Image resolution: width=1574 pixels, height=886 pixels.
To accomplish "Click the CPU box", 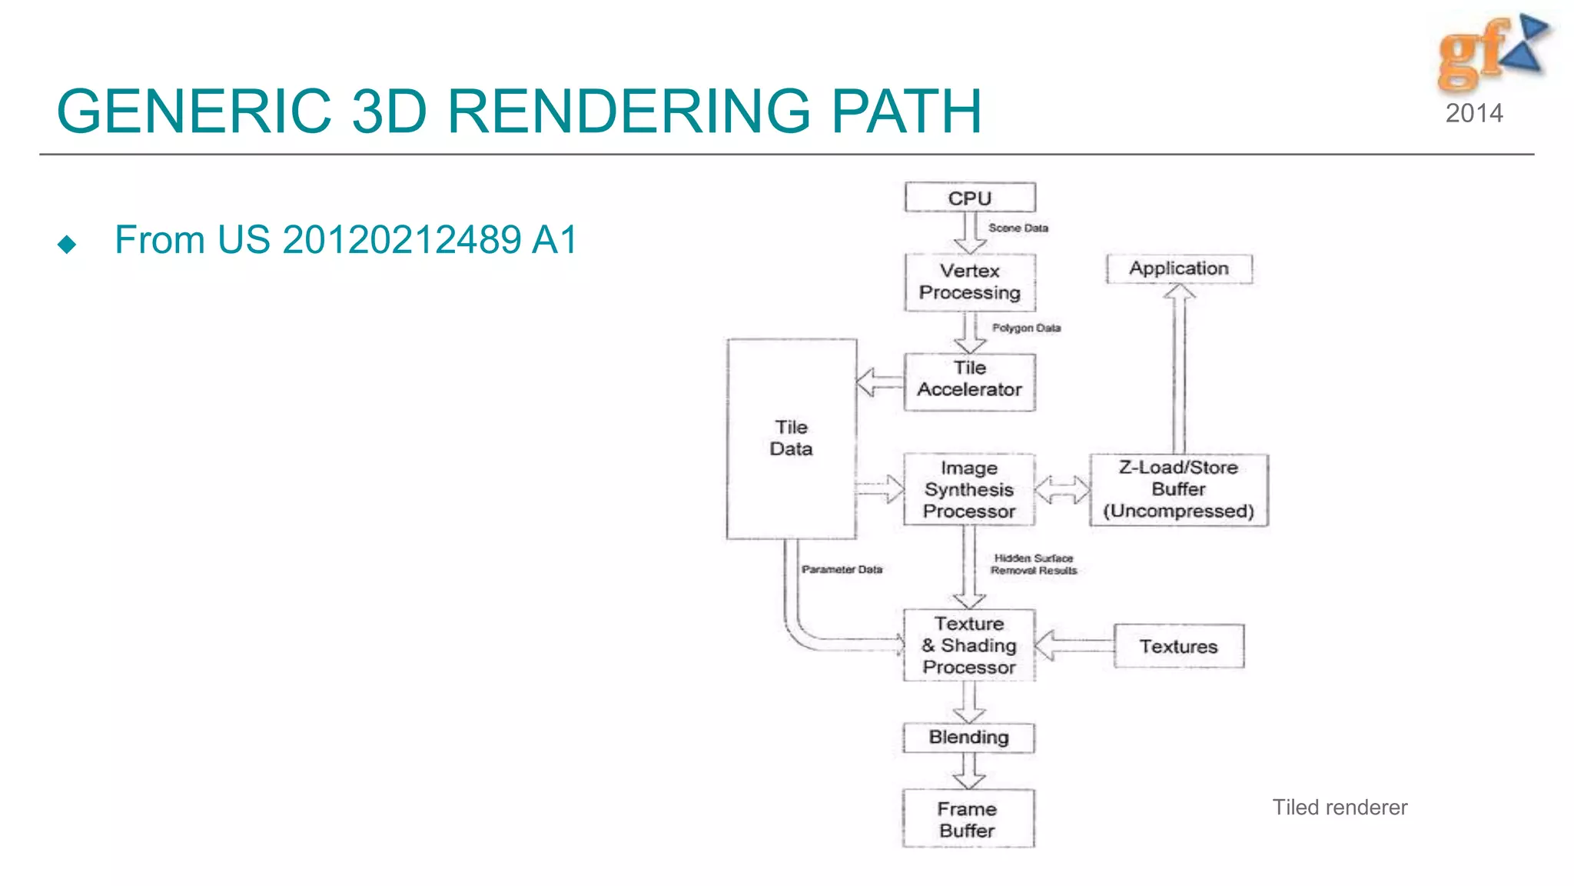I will [970, 198].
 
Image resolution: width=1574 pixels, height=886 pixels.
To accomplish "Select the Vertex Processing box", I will [970, 282].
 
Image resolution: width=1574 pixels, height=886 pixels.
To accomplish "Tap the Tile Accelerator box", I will [969, 381].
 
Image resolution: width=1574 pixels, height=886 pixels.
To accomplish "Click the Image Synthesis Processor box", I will [968, 490].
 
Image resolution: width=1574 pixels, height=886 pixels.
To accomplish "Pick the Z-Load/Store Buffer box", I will [1178, 490].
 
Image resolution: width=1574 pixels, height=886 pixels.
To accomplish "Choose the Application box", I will [1179, 268].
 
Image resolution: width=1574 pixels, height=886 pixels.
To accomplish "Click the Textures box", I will [1178, 646].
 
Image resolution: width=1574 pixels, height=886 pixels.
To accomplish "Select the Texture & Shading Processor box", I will [968, 645].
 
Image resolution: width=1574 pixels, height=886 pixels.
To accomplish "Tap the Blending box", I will [968, 737].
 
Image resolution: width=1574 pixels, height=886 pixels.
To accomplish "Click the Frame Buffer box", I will [968, 819].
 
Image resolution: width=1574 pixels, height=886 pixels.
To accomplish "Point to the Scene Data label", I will [1018, 228].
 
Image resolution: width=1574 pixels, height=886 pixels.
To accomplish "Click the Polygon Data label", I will [1026, 328].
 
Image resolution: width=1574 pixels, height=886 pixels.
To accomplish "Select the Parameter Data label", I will [842, 570].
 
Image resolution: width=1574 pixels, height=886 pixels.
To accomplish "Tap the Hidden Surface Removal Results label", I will [1034, 565].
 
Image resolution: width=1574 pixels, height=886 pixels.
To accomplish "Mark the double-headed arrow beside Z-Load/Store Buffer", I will [1062, 490].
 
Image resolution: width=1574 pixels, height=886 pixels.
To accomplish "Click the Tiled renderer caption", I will [1340, 808].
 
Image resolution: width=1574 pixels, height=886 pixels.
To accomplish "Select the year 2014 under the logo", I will [1474, 114].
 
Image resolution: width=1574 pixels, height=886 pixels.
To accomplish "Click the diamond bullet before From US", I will [67, 245].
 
